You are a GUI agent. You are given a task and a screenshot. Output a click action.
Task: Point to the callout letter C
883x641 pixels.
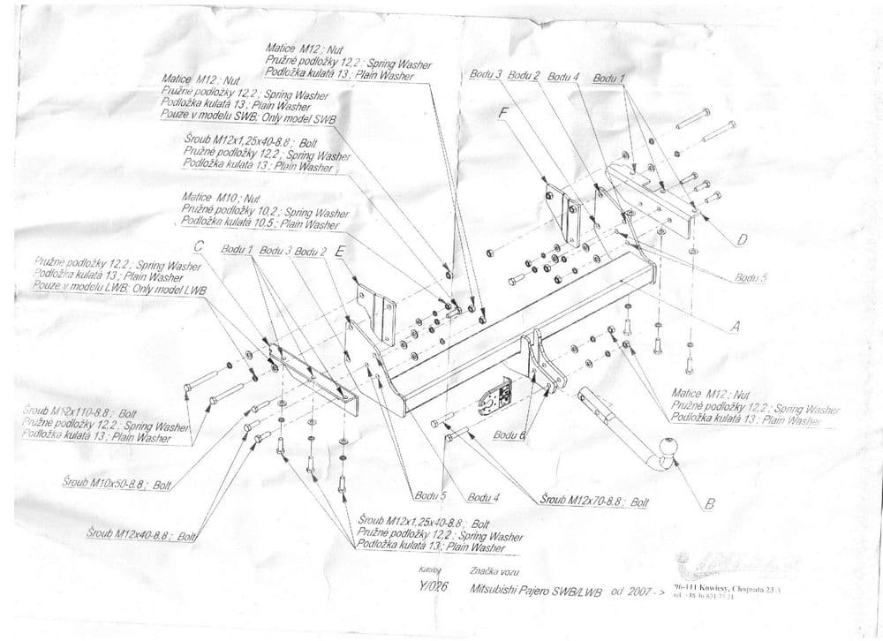pos(199,248)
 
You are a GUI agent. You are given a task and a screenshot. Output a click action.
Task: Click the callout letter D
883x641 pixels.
pos(742,238)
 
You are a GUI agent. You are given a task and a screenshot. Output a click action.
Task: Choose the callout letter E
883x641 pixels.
pos(341,251)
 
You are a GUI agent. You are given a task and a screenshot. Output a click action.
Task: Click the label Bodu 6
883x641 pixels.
pos(509,434)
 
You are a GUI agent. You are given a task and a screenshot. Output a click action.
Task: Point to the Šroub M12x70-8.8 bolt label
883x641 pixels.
pos(583,501)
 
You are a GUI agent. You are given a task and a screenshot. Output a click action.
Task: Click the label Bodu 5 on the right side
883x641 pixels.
pos(751,277)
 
